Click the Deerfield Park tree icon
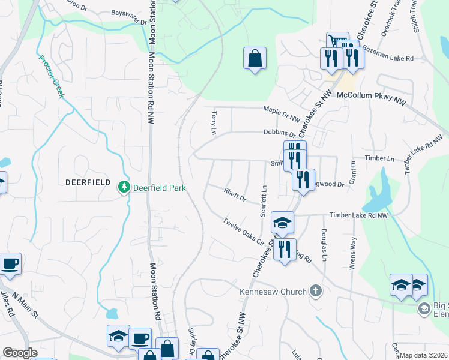(124, 188)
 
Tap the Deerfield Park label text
(159, 188)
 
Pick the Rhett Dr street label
(235, 195)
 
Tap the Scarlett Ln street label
(263, 201)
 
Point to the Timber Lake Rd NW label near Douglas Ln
(358, 215)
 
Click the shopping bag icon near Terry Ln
(255, 59)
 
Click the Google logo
(20, 353)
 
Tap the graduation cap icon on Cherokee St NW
(282, 223)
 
